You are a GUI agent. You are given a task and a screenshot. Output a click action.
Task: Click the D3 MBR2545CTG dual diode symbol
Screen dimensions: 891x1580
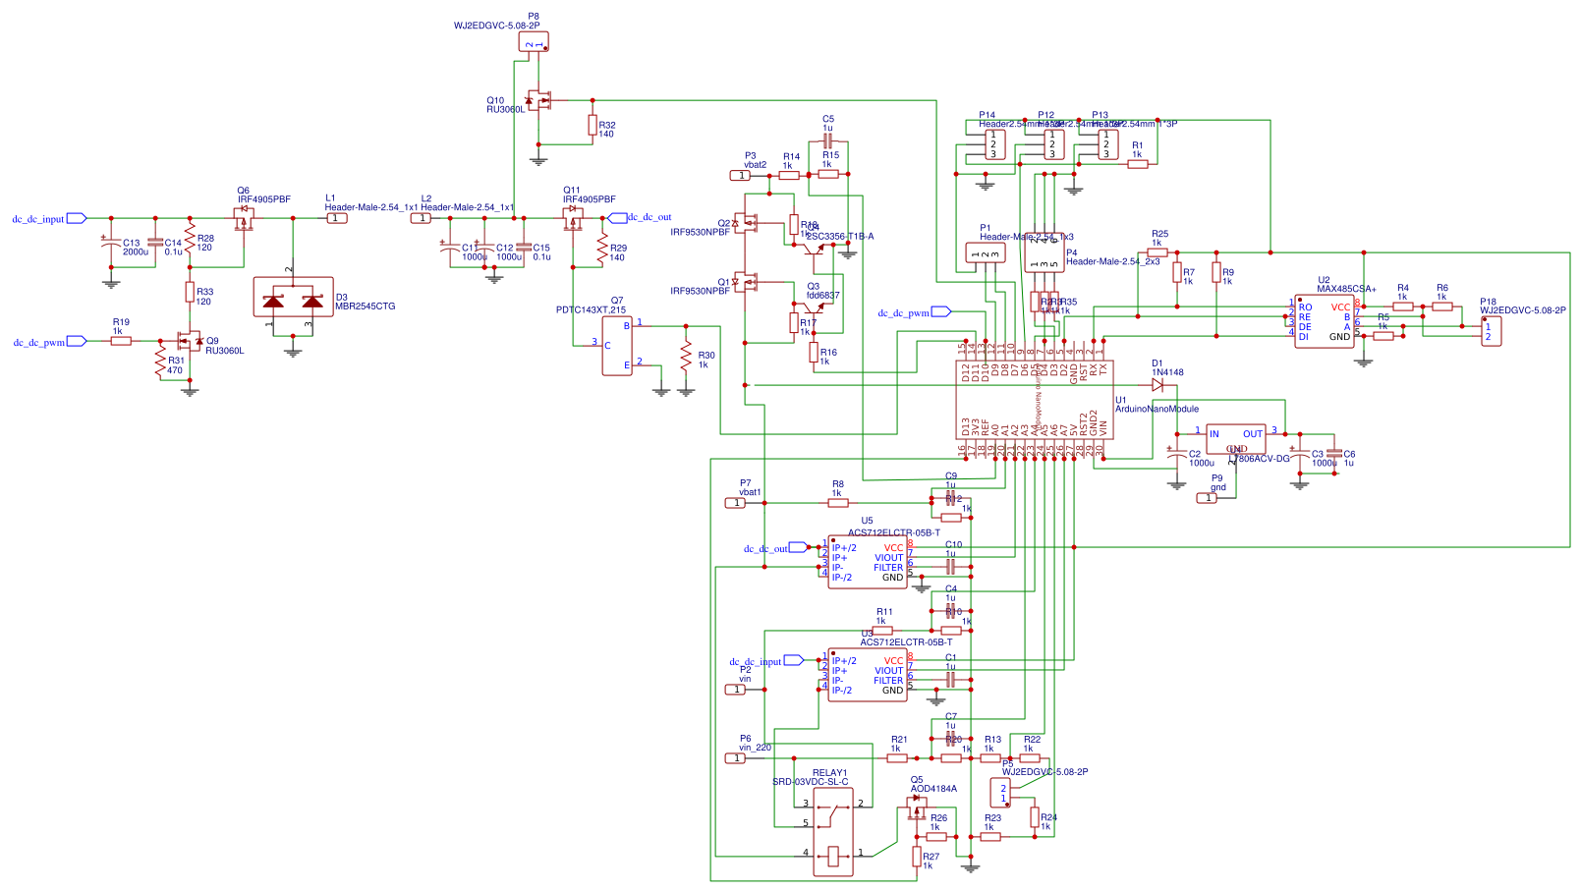tap(293, 298)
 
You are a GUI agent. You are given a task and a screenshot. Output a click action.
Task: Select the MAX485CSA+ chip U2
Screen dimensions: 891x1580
tap(1324, 321)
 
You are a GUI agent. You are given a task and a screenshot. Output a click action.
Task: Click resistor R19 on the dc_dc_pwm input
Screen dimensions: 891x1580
tap(121, 341)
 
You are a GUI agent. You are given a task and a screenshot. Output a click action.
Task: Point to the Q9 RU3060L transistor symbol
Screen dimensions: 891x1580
tap(186, 342)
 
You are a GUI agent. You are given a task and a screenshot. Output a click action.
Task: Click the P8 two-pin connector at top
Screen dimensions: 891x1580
tap(534, 41)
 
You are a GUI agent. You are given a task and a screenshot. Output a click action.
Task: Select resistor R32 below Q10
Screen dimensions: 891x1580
tap(592, 125)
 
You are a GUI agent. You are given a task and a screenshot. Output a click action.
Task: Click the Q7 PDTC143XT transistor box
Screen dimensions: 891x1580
tap(617, 345)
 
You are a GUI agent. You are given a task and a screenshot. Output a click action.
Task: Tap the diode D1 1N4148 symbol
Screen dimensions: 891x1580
tap(1157, 385)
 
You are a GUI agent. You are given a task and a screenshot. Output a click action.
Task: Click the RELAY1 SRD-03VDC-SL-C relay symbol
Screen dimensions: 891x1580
tap(833, 831)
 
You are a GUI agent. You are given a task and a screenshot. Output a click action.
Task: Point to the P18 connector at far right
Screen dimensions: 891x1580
tap(1491, 331)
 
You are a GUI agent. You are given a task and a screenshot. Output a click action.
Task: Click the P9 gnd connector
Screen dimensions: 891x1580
tap(1208, 498)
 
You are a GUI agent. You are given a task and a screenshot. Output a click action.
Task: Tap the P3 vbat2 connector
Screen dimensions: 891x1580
tap(740, 176)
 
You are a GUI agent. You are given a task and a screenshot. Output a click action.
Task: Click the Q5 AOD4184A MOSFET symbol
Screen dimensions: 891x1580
tap(918, 807)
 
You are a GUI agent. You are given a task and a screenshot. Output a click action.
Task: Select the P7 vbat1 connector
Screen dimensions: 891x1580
tap(735, 503)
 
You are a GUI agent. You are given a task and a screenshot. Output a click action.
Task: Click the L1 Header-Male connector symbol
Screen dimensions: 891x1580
tap(337, 218)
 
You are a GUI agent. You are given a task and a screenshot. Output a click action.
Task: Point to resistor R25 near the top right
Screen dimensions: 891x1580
tap(1158, 252)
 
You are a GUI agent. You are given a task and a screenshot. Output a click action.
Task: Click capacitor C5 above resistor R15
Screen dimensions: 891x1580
tap(827, 142)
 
